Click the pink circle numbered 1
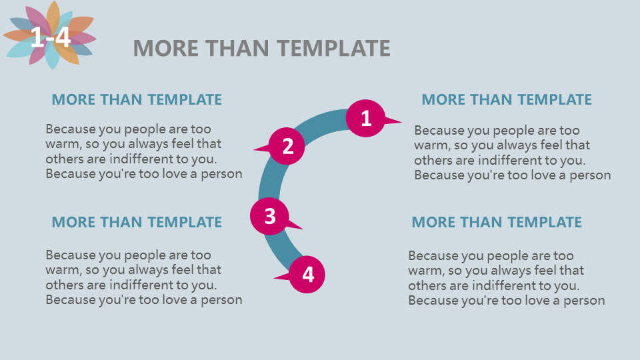[366, 118]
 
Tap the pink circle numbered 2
[287, 146]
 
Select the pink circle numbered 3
[269, 216]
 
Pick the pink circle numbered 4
[307, 274]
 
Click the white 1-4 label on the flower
[51, 37]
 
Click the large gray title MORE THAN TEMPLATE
[261, 48]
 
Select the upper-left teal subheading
[137, 99]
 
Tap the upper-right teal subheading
[507, 99]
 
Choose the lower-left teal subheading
[137, 222]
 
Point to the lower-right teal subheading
[497, 222]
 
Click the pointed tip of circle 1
[402, 121]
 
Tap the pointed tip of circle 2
[253, 149]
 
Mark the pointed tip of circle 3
[303, 229]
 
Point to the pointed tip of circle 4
[273, 279]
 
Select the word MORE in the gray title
[166, 48]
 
